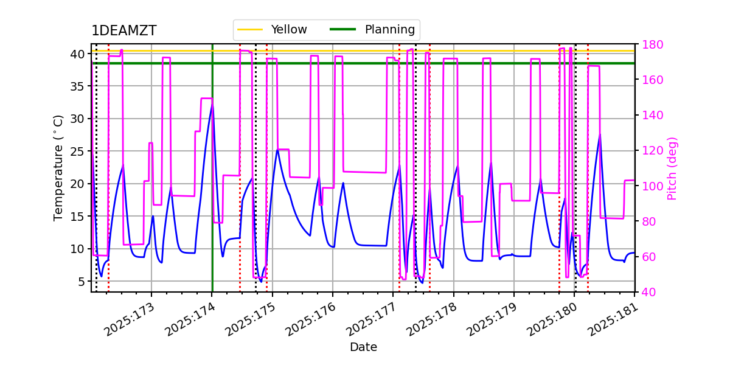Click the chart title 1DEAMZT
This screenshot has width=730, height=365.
pyautogui.click(x=123, y=31)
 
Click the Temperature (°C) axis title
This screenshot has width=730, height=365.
pyautogui.click(x=58, y=167)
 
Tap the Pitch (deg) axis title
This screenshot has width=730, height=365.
pyautogui.click(x=672, y=168)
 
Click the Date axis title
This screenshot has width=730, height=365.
pyautogui.click(x=363, y=347)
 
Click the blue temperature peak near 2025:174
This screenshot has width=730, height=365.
pyautogui.click(x=212, y=105)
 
